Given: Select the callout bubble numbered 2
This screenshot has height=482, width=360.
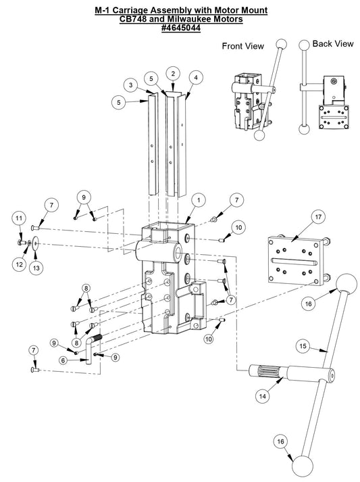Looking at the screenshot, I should [x=174, y=73].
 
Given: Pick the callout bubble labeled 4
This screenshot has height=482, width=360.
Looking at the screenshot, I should [x=195, y=77].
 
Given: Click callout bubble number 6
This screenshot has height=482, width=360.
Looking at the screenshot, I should [x=63, y=361].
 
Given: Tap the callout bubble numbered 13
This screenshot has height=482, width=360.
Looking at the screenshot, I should [x=36, y=268].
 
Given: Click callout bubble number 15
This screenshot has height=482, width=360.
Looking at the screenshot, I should [x=304, y=346].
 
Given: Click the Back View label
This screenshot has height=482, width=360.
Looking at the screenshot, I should [x=332, y=43].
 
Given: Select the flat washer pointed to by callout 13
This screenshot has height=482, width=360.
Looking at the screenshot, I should [x=35, y=243].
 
